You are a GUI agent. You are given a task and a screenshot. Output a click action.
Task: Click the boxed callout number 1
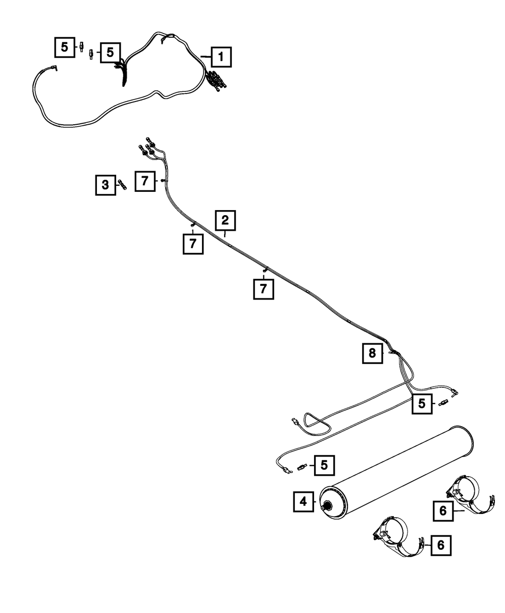[x=221, y=57]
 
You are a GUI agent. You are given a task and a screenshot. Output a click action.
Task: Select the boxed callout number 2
[x=225, y=220]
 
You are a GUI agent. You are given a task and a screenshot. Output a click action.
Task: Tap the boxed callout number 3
[x=106, y=185]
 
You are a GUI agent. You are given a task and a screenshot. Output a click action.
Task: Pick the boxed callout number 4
[x=304, y=502]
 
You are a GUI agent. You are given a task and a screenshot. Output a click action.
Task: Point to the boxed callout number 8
[x=372, y=353]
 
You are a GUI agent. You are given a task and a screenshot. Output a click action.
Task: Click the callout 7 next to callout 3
[x=145, y=181]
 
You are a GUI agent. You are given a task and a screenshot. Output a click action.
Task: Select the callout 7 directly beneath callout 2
[x=193, y=244]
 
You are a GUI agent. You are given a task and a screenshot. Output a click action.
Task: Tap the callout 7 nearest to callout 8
[x=264, y=289]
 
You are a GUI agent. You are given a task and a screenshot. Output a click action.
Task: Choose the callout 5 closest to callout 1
[x=110, y=53]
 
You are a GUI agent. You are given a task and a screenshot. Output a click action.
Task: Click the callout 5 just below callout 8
[x=422, y=403]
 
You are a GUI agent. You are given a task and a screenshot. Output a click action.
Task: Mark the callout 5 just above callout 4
[x=324, y=465]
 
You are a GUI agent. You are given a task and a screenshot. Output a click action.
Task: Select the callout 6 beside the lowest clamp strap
[x=441, y=545]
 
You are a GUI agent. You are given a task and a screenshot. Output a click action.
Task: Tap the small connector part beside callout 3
[x=122, y=185]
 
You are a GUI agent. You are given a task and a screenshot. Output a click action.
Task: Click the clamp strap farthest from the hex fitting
[x=470, y=495]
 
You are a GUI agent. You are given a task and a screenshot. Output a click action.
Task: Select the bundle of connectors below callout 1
[x=217, y=80]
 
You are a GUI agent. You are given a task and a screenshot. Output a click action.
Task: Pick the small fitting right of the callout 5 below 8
[x=443, y=403]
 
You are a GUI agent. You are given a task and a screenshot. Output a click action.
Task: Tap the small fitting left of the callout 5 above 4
[x=302, y=467]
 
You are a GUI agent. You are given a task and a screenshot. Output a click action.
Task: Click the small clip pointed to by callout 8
[x=391, y=353]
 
